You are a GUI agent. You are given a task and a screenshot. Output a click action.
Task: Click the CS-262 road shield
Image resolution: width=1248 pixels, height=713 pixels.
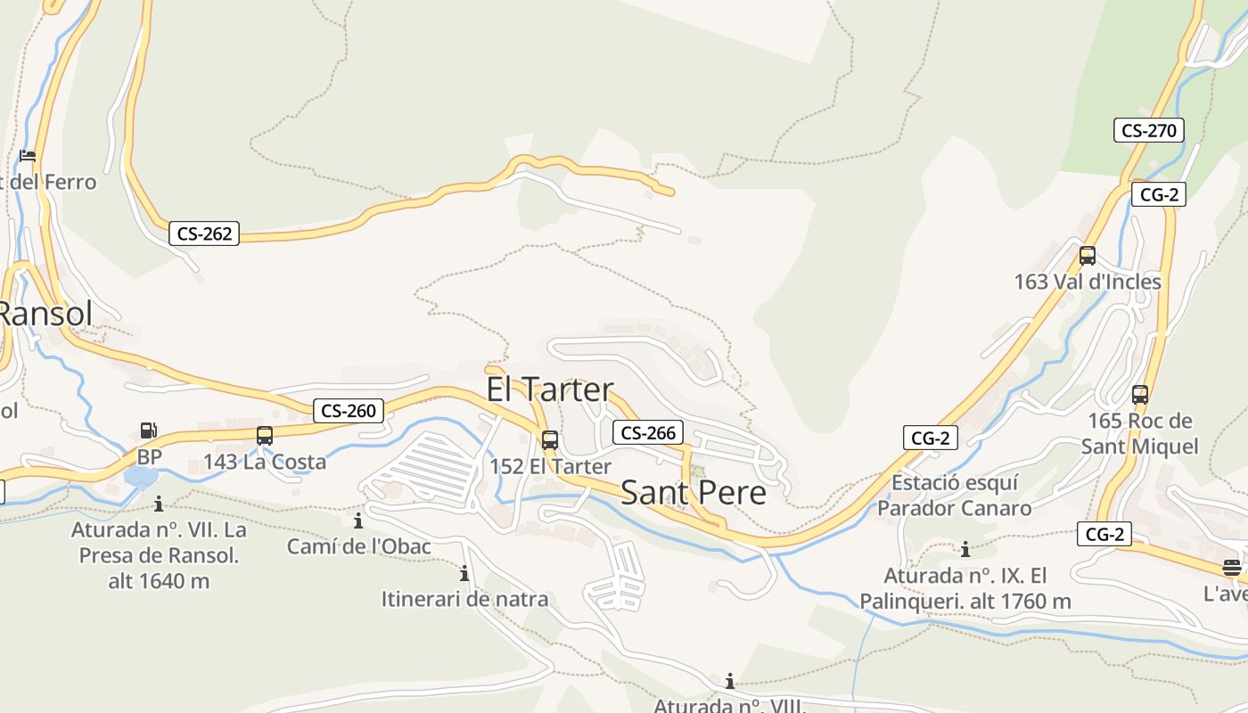pos(204,234)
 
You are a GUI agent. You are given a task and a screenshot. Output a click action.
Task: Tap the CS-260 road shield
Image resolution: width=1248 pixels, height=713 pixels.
pos(349,411)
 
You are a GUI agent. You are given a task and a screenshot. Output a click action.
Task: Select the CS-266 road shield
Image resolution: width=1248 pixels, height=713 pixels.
pos(648,433)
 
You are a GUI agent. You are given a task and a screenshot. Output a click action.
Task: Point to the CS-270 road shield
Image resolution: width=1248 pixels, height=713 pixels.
pos(1148,130)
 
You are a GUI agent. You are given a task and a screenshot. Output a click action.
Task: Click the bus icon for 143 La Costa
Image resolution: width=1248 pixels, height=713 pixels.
pos(265,436)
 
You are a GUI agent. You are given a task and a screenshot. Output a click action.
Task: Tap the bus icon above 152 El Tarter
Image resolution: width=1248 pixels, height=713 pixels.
pos(550,440)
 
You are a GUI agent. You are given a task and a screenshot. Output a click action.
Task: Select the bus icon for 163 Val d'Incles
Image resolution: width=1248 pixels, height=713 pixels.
pos(1087,256)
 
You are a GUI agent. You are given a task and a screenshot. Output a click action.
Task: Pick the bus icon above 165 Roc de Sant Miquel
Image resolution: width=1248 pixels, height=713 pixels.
pos(1139,395)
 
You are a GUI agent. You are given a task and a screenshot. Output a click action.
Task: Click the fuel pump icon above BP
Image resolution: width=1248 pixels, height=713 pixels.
pos(148,430)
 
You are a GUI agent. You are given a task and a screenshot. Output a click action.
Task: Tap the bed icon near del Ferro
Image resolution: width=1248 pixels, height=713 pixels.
pos(28,156)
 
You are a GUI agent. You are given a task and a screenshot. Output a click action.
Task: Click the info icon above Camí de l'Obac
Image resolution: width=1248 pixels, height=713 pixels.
pos(358,520)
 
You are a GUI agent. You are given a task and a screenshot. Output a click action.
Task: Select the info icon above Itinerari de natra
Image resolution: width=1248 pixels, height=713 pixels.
pos(464,573)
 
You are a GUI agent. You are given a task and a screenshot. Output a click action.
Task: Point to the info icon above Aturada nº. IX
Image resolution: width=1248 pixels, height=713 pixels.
pos(965,550)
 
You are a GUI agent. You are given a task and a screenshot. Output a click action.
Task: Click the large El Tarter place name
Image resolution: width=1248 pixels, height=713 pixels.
pos(550,389)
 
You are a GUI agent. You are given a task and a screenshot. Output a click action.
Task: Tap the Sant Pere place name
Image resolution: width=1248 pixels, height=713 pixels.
pos(693,493)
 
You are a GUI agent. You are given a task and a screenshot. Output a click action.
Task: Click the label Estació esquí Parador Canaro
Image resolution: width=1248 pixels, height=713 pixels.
pos(955,496)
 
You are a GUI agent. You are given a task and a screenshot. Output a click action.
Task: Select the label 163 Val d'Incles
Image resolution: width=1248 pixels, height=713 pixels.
pos(1088,282)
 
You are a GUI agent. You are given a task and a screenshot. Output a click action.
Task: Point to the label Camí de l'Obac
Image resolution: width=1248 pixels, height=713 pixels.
pos(358,546)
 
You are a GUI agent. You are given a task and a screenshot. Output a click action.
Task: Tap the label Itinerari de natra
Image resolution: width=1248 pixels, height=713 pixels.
pos(464,599)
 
